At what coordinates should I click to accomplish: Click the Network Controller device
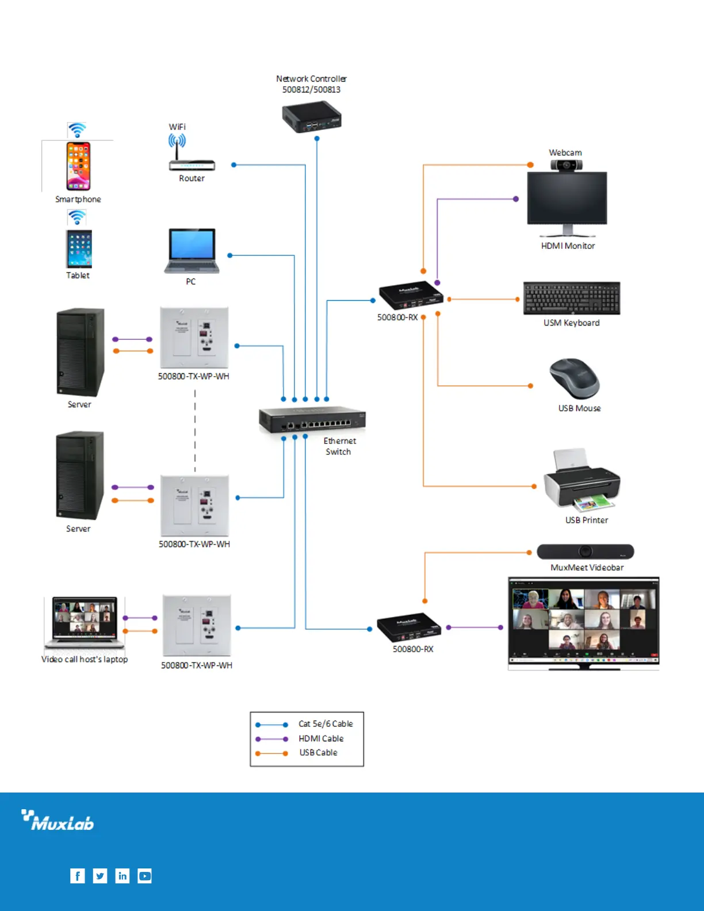point(312,118)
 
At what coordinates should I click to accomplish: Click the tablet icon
point(79,248)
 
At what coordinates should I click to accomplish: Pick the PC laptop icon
point(192,251)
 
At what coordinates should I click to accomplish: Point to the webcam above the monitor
point(567,166)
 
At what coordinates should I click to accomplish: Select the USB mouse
point(575,378)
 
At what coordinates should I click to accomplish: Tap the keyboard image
point(572,298)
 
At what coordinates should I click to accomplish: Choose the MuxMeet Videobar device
point(585,552)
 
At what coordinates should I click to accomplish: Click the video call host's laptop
point(85,622)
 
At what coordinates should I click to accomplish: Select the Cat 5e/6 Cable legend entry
point(326,724)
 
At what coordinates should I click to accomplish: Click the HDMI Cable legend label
point(321,738)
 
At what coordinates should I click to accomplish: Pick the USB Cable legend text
point(318,753)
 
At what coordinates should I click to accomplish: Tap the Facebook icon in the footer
point(78,876)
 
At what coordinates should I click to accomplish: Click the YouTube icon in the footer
point(145,876)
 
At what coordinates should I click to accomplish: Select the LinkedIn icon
point(123,876)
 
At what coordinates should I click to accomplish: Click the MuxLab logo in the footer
point(58,821)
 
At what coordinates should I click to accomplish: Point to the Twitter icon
point(100,876)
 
